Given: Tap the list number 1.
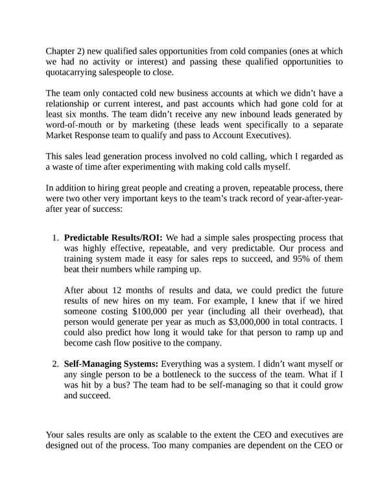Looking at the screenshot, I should (54, 239).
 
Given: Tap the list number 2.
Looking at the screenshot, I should (54, 364).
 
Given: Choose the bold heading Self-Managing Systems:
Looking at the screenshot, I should (111, 364).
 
